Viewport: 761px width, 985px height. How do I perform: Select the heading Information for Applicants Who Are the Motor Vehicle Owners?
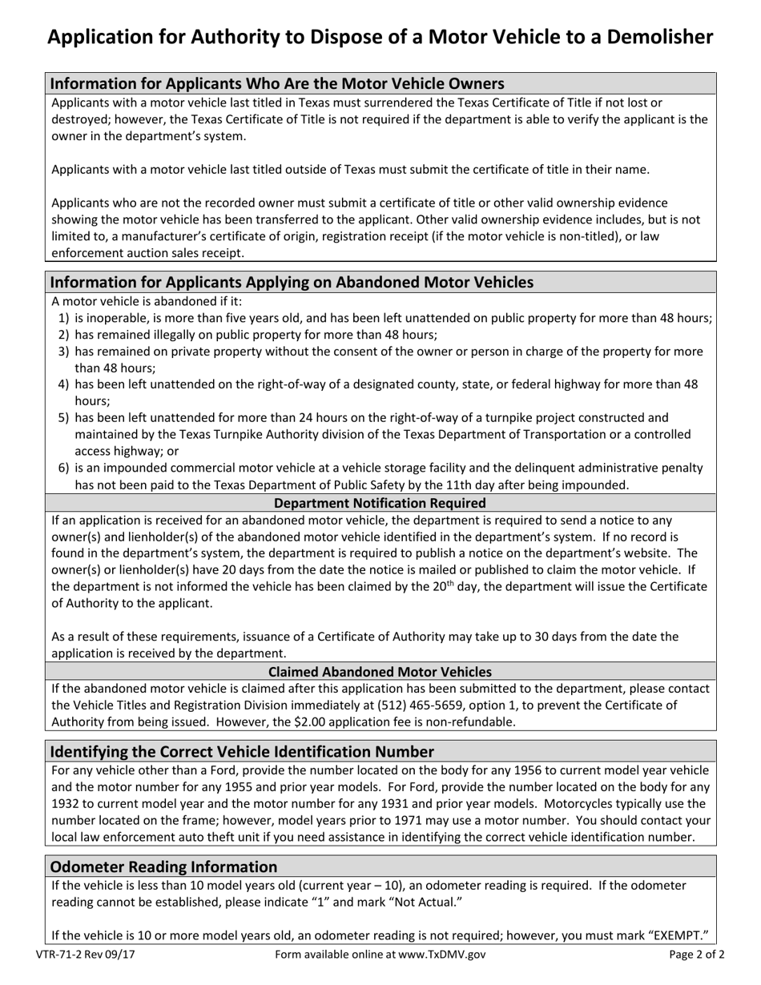pyautogui.click(x=277, y=83)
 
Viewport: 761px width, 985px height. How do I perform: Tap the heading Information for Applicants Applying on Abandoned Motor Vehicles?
pyautogui.click(x=292, y=282)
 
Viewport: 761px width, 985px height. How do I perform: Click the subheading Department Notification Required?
pyautogui.click(x=380, y=503)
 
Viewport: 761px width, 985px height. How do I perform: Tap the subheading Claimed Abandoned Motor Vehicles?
pyautogui.click(x=380, y=672)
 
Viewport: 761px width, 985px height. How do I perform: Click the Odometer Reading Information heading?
pyautogui.click(x=163, y=866)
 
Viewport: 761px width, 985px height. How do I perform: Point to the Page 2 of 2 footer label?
pyautogui.click(x=697, y=954)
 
